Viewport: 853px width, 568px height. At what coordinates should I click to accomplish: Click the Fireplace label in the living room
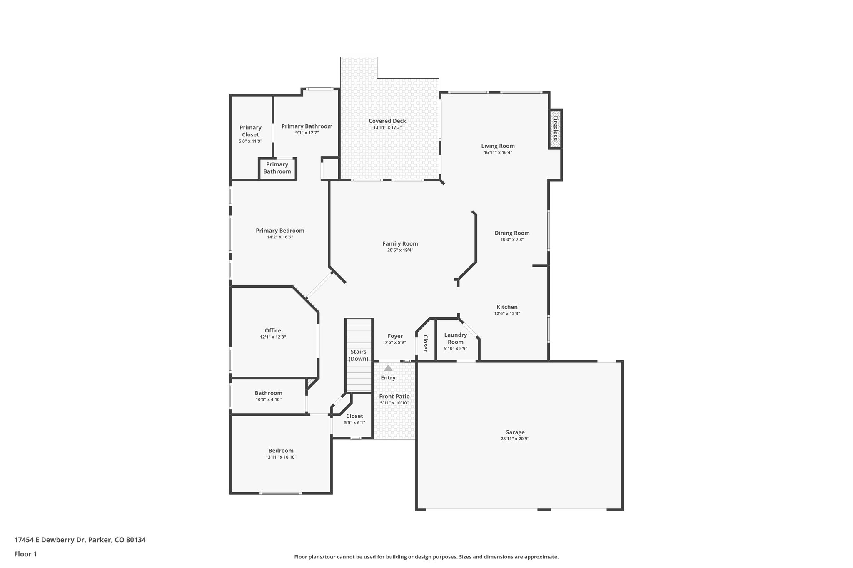(555, 129)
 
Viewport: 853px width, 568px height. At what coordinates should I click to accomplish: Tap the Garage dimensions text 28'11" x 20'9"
(515, 439)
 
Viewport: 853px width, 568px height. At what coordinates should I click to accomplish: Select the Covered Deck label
(387, 121)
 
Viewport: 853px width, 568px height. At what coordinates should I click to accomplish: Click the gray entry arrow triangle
(388, 368)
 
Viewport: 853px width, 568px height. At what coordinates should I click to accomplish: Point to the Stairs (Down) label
(358, 355)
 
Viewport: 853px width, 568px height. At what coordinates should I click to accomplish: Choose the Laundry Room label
(455, 338)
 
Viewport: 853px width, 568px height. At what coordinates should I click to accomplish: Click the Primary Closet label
(250, 131)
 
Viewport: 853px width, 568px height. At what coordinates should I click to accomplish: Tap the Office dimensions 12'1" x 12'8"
(273, 337)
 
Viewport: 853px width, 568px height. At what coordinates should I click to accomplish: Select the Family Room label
(400, 243)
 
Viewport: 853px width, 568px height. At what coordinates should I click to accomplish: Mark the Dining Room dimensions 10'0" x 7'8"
(512, 239)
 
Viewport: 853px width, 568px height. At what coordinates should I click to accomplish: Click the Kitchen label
(507, 307)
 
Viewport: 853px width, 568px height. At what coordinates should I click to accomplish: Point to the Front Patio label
(394, 396)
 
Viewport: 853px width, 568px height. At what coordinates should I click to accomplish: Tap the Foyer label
(395, 336)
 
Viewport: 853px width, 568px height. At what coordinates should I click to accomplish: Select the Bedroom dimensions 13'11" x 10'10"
(281, 457)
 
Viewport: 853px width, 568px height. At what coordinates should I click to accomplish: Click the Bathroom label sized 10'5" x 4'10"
(268, 393)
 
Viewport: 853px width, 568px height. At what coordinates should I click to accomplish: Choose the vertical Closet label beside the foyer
(425, 343)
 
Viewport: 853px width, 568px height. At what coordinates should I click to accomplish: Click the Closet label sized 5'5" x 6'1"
(354, 416)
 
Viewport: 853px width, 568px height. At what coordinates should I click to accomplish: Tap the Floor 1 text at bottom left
(25, 554)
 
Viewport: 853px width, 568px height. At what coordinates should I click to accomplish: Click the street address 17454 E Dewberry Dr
(50, 540)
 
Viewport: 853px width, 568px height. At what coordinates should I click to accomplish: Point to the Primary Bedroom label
(280, 231)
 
